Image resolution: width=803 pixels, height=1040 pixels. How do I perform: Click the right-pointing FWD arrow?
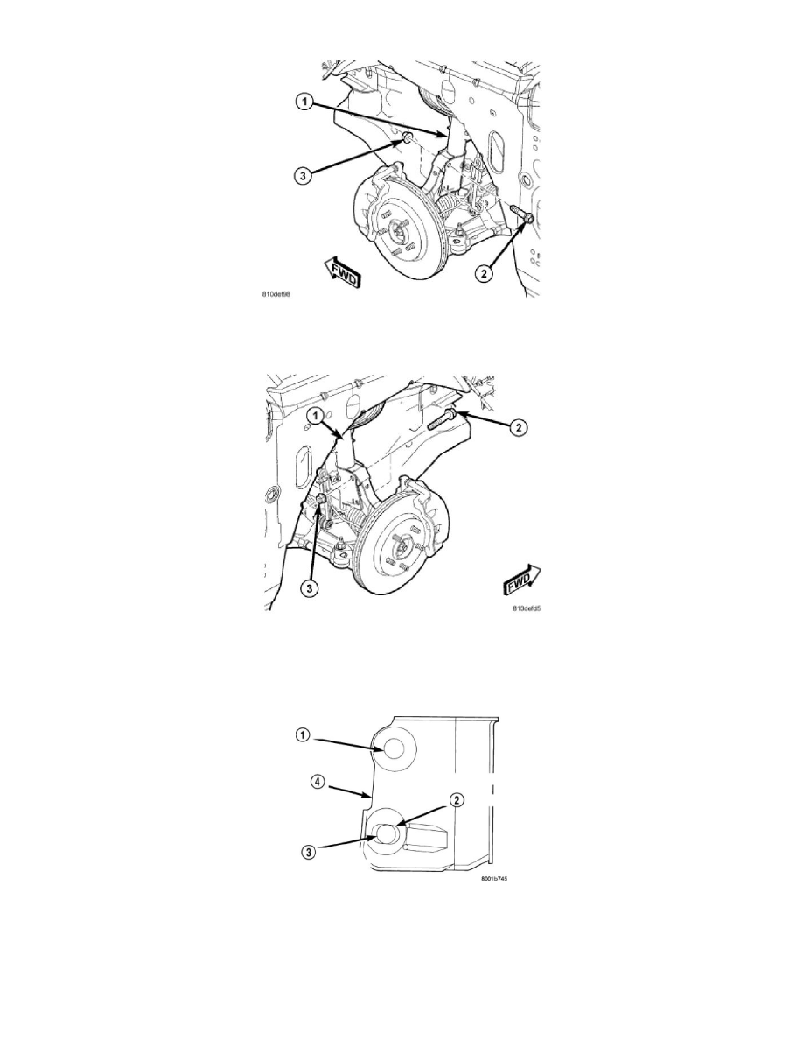point(521,580)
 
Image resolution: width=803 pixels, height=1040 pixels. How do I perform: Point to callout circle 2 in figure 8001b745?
point(456,798)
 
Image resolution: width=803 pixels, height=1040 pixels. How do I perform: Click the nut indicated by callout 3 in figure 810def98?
point(408,138)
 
